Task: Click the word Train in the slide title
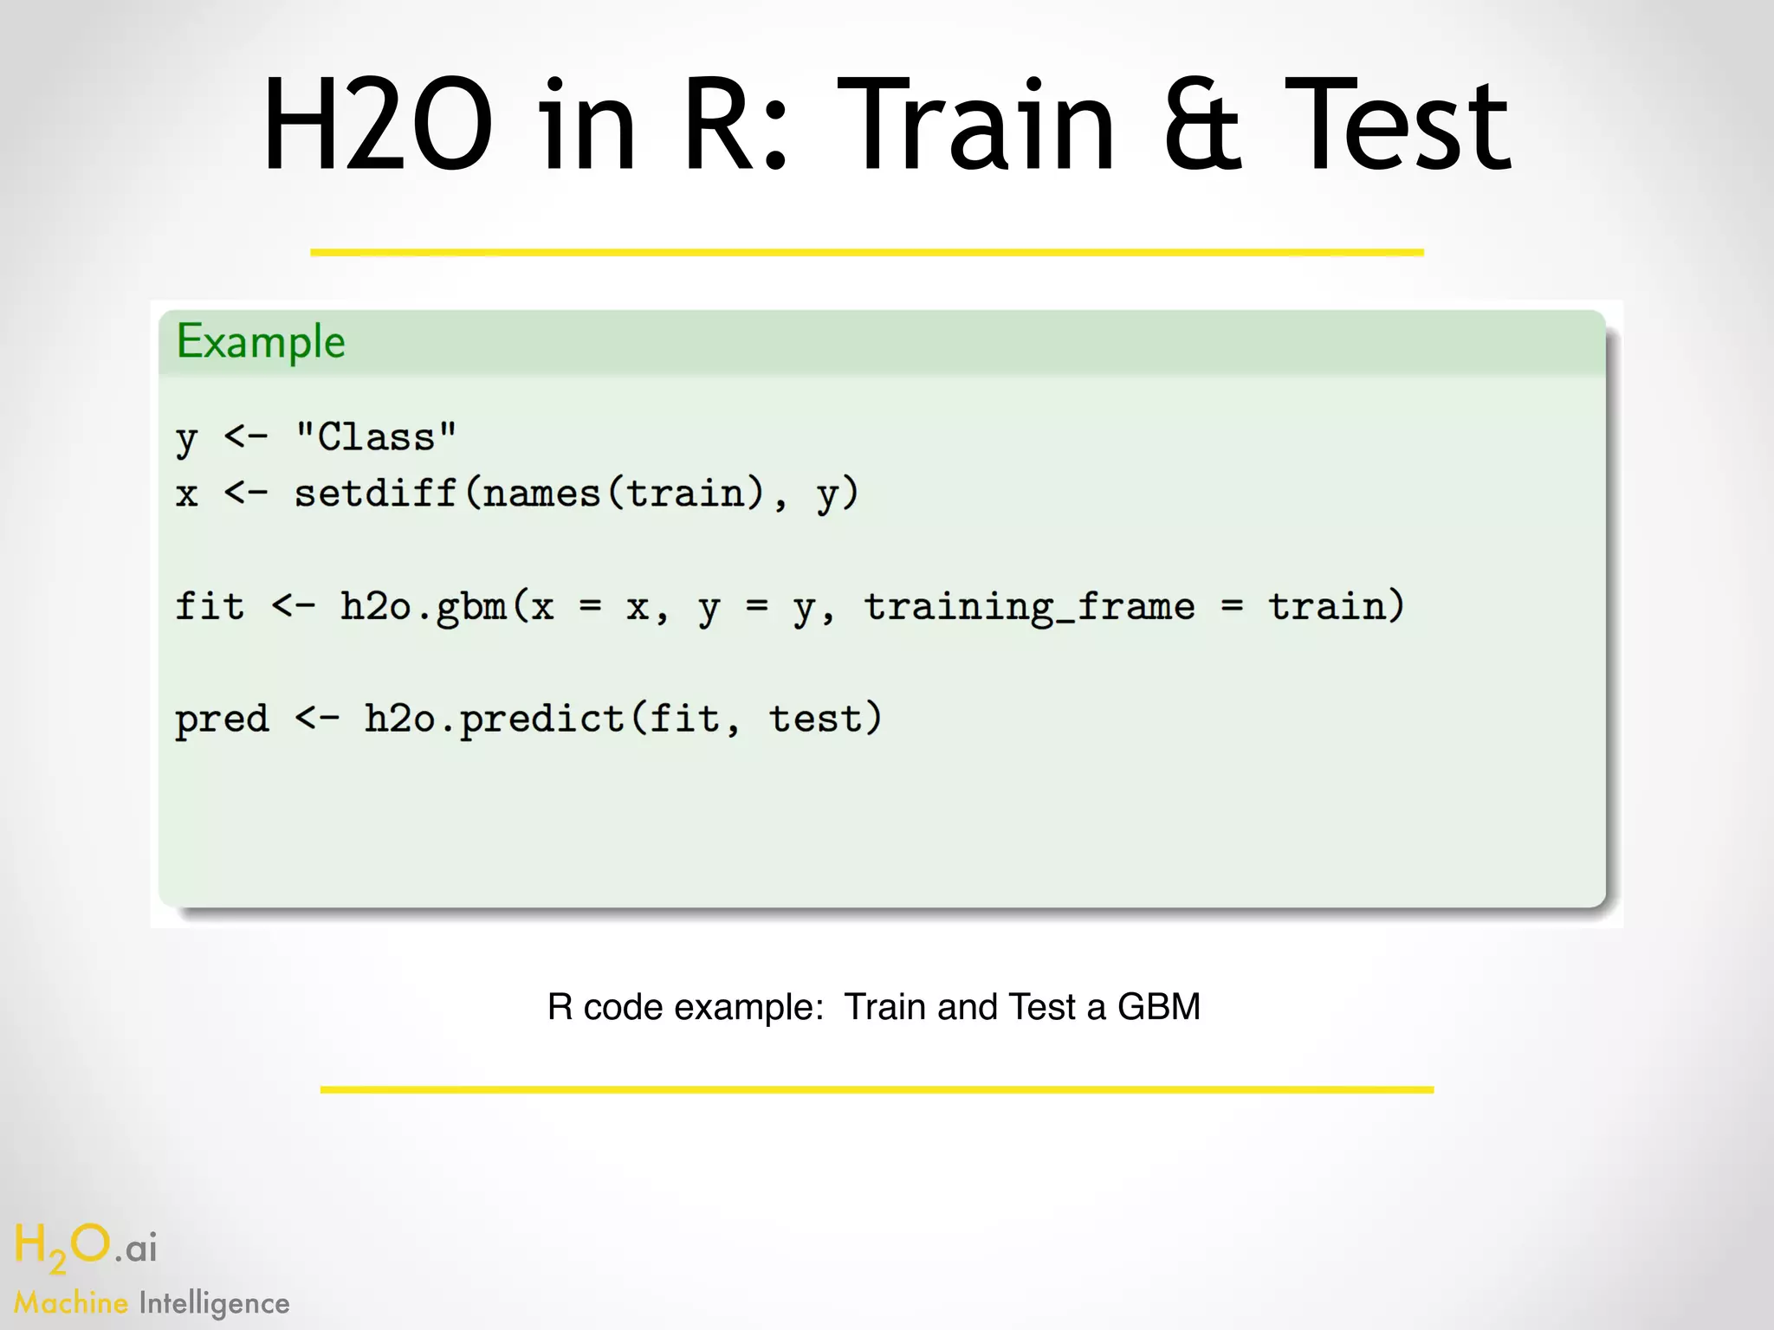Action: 976,126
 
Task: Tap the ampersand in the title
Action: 1202,126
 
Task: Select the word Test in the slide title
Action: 1397,126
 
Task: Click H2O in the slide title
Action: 378,126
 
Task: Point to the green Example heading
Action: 261,342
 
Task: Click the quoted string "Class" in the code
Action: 375,437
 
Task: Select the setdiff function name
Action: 375,494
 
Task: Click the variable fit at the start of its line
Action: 210,606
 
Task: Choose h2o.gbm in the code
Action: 424,606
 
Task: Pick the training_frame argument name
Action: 1029,606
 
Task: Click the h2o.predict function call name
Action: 494,719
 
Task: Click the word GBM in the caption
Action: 1159,1007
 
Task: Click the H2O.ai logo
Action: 85,1247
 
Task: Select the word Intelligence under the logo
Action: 214,1303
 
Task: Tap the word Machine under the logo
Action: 71,1303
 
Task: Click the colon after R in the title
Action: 776,139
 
